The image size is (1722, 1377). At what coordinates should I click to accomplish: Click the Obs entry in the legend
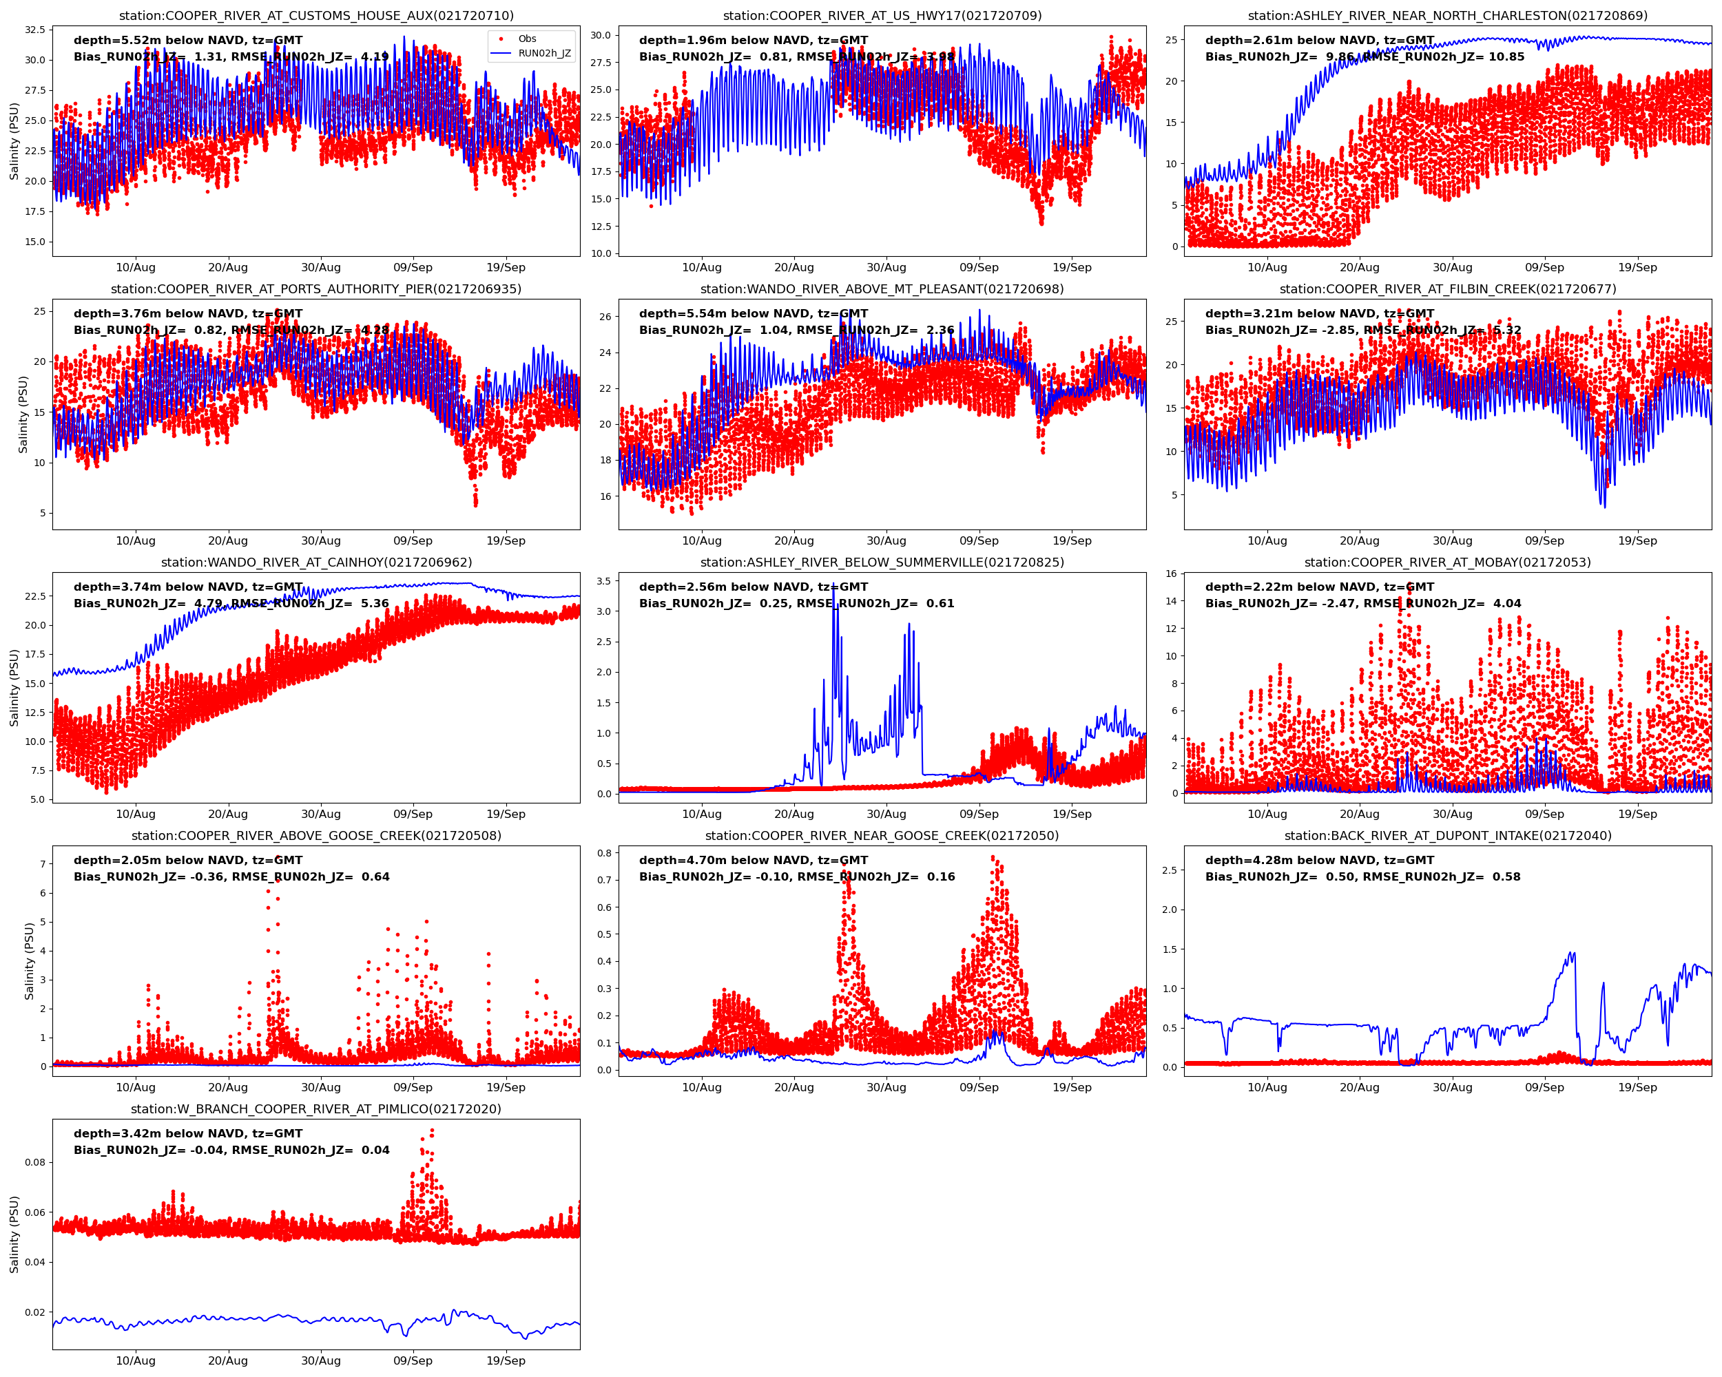click(x=526, y=39)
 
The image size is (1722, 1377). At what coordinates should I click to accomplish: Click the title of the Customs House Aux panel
click(x=316, y=15)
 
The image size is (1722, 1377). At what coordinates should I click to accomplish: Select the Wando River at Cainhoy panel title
click(x=316, y=562)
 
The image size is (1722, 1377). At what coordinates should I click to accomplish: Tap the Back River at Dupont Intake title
click(x=1447, y=836)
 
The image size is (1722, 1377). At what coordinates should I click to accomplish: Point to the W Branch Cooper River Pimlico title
click(x=316, y=1108)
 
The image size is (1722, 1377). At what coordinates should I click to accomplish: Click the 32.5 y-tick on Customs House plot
click(x=35, y=30)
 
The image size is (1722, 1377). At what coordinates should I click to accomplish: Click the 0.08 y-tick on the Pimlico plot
click(x=35, y=1161)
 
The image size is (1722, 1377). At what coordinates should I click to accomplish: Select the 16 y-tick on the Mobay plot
click(x=1171, y=573)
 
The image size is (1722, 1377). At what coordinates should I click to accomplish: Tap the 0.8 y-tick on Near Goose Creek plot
click(x=604, y=852)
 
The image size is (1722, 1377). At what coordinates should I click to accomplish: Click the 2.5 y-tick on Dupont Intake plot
click(x=1170, y=870)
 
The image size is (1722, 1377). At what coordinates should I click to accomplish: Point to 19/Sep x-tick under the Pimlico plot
click(x=506, y=1361)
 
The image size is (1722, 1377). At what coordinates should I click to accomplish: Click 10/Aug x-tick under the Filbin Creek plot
click(x=1267, y=540)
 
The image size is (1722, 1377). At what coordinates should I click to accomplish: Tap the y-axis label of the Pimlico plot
click(x=14, y=1234)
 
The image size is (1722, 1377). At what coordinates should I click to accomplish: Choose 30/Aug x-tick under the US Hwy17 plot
click(x=886, y=267)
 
